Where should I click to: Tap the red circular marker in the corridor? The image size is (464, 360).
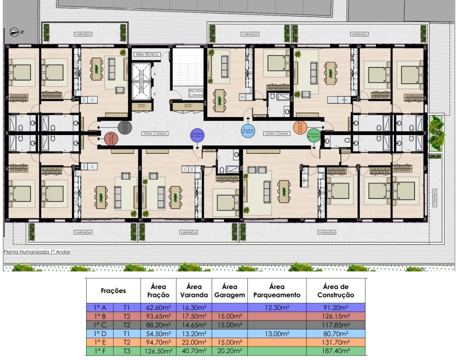[x=111, y=137]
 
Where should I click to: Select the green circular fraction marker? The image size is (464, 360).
[x=313, y=135]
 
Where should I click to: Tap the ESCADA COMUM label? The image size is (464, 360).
[x=195, y=93]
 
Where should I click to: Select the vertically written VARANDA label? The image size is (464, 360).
[x=435, y=198]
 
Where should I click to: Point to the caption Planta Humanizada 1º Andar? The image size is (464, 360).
[x=37, y=251]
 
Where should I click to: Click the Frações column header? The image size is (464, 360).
[x=114, y=290]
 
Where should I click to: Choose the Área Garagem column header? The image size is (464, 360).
[x=229, y=290]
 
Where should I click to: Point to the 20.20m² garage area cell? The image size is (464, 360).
[x=229, y=351]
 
